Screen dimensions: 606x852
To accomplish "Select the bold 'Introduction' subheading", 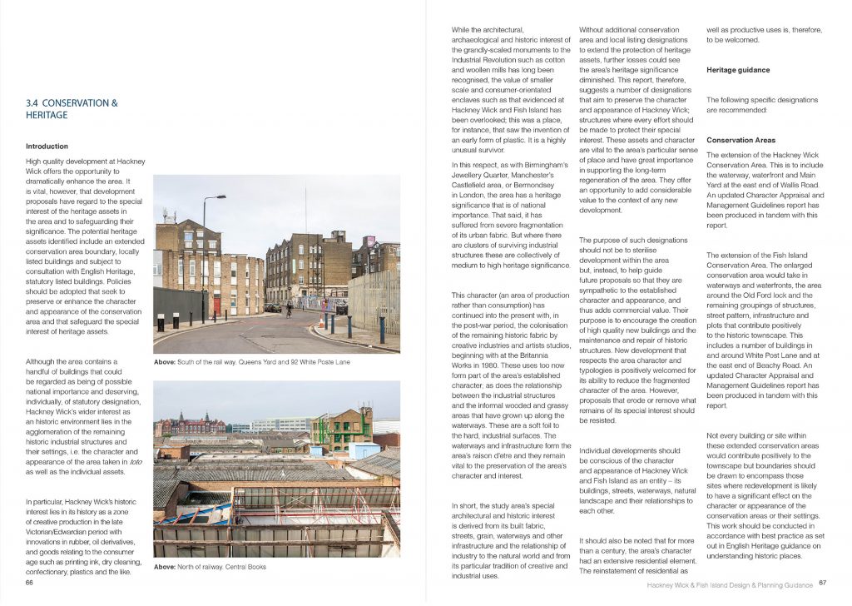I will (47, 147).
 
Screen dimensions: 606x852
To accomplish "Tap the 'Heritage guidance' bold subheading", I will (738, 70).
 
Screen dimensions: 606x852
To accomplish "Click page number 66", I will (30, 583).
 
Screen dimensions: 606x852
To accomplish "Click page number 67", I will (823, 584).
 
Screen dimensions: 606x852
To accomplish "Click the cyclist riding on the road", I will (289, 310).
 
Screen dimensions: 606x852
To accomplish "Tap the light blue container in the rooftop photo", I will (364, 450).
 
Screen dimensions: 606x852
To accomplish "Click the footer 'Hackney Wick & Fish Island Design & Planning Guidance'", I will (730, 584).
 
